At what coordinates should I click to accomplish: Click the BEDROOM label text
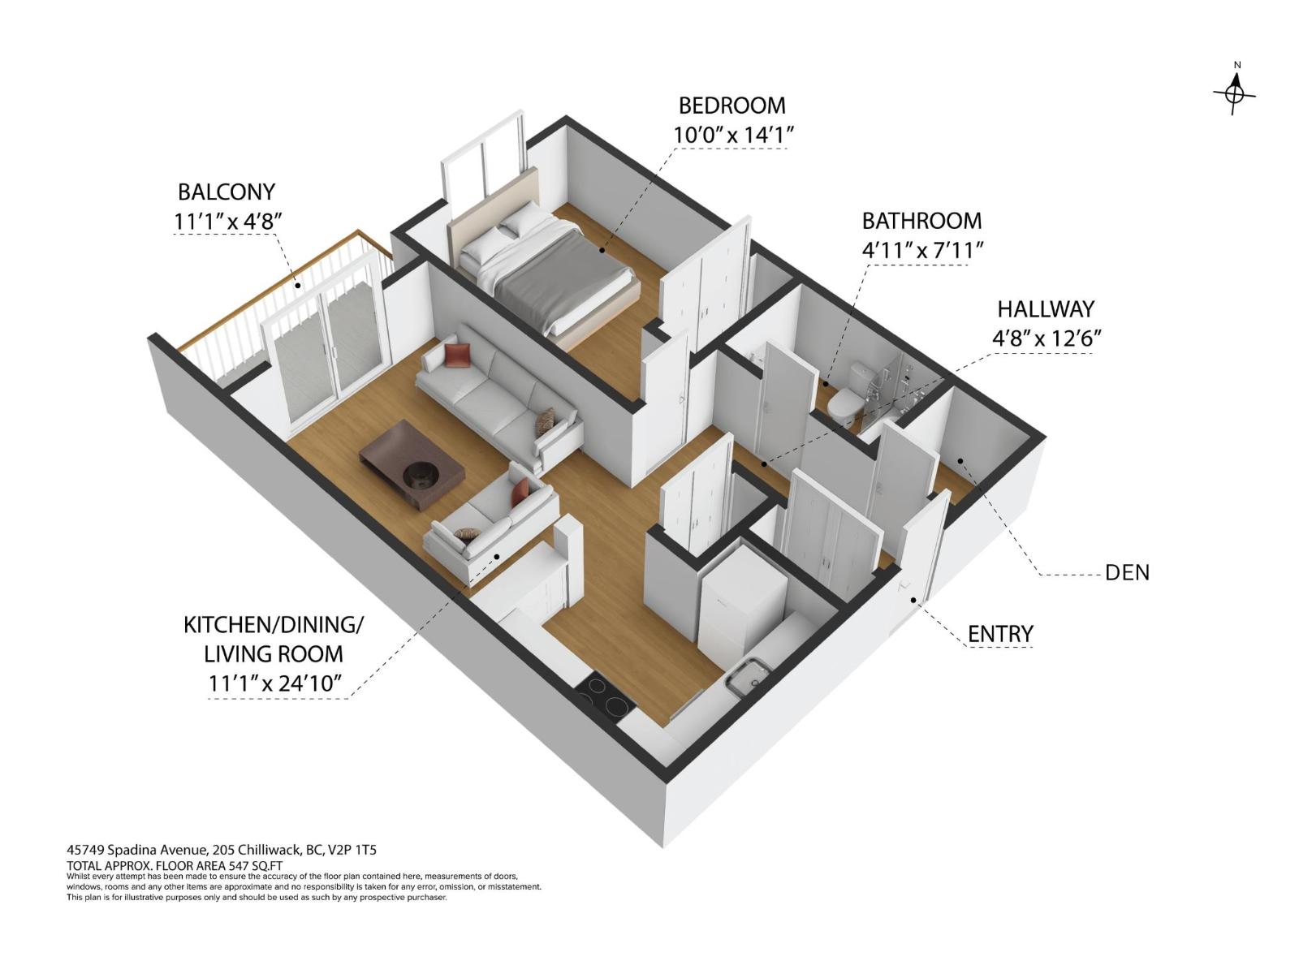[x=731, y=106]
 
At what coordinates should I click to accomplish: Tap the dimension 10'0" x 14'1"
[x=731, y=135]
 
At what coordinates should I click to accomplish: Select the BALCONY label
[x=227, y=192]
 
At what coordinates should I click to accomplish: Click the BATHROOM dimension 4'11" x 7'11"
[x=922, y=250]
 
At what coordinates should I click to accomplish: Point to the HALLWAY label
[x=1046, y=309]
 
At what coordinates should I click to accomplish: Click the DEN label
[x=1127, y=572]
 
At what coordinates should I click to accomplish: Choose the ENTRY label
[x=1000, y=634]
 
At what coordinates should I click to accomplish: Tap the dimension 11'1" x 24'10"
[x=276, y=683]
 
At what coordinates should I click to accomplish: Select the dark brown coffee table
[x=412, y=464]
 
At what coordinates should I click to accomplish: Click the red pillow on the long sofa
[x=457, y=355]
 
